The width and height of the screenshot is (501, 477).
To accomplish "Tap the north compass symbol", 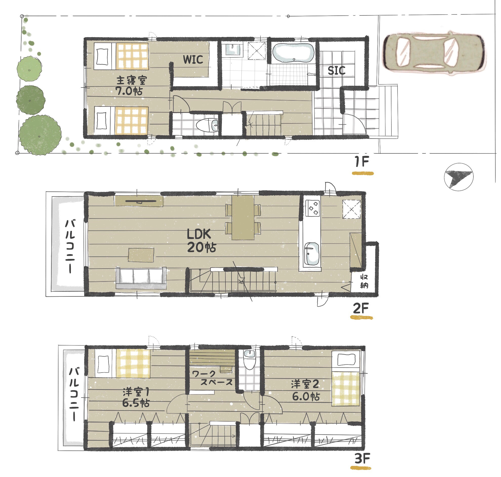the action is click(x=458, y=177).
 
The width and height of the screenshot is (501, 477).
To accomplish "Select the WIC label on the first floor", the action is click(x=193, y=59).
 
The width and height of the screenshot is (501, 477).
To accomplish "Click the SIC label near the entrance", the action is click(x=336, y=71).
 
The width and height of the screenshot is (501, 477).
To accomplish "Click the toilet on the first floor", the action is click(x=207, y=125).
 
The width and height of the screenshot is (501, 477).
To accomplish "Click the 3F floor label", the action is click(x=362, y=459).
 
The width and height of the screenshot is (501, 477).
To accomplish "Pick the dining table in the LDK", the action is click(x=243, y=218).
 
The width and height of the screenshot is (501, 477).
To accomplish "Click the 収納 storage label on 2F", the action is click(x=364, y=281).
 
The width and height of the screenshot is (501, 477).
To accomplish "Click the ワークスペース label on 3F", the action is click(x=212, y=378).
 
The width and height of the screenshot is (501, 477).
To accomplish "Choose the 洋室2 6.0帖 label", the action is click(x=305, y=391).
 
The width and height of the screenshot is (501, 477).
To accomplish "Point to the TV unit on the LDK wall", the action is click(x=139, y=201).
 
